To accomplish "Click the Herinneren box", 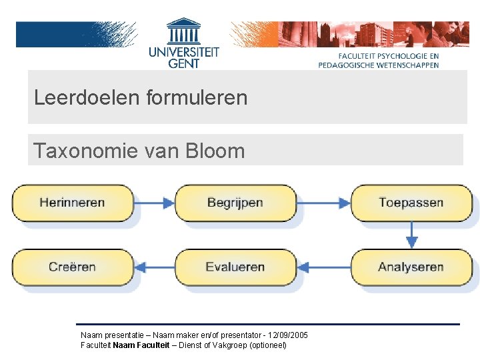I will [x=72, y=203].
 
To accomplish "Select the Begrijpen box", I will [x=235, y=203].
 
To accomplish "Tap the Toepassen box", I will [x=411, y=203].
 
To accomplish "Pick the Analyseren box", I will [x=411, y=267].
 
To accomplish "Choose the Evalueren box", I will [x=235, y=267].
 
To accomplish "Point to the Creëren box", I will [x=72, y=267].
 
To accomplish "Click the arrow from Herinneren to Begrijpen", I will [x=154, y=203].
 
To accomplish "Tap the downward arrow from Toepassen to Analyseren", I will [x=412, y=235].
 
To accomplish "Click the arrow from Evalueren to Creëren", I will [x=154, y=267].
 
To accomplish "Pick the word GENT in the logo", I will [x=184, y=63].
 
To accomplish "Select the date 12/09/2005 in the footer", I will [x=287, y=335].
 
